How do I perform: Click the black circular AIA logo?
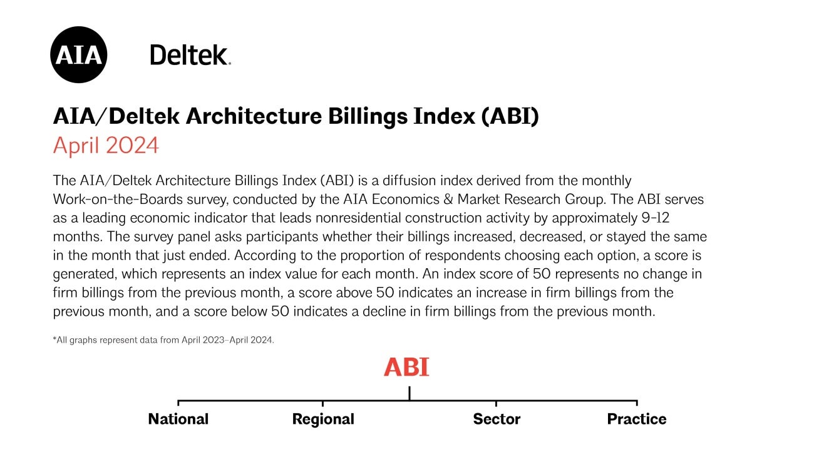(78, 55)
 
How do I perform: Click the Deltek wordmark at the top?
(190, 55)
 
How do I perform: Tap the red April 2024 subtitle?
(106, 146)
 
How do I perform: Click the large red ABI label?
(406, 368)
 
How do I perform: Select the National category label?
(178, 419)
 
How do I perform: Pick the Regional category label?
(323, 419)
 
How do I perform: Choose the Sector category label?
(497, 419)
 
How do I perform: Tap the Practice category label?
(636, 419)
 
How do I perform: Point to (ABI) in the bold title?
(510, 117)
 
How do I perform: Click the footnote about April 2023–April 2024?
(163, 341)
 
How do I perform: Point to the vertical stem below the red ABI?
(409, 393)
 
